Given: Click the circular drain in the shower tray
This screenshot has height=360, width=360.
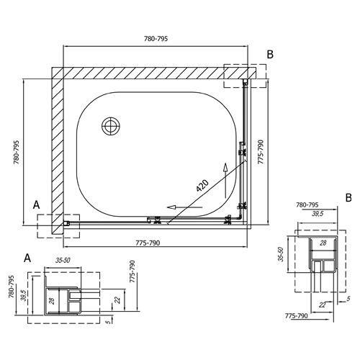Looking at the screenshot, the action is pos(111,126).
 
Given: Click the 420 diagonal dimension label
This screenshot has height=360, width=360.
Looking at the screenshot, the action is pos(202,186).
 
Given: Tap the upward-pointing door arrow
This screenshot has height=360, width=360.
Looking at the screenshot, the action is pos(225,181).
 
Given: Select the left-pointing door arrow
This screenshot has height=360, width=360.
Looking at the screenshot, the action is pos(184,207).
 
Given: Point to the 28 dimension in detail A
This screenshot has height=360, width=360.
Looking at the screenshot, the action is pos(53,301).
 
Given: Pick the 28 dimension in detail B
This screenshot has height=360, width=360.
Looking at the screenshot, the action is pos(323,243).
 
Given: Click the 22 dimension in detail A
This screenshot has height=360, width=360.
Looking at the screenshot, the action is pos(117,300).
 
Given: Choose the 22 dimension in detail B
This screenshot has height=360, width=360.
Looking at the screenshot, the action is pos(323,305).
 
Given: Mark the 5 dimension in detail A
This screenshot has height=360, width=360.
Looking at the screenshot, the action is pos(109,322).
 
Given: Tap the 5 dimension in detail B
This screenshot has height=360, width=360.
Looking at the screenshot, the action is pos(348,299).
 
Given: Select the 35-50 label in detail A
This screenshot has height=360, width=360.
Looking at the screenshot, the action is pos(63,261).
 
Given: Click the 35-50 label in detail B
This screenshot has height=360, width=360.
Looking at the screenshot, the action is pos(282,254).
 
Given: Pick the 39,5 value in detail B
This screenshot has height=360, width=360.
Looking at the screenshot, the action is pos(317,214).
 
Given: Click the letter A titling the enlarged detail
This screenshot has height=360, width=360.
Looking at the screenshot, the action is pos(27,258).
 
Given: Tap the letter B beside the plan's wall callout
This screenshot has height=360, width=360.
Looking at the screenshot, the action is pos(270,55).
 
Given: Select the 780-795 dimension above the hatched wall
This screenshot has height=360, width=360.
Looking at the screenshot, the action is pos(156,39).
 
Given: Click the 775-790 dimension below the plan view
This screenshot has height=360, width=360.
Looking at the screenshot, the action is pos(148,243).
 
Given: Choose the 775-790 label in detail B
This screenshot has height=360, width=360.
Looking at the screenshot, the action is pos(296,316).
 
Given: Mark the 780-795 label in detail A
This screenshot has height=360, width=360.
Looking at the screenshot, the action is pos(12,287).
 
